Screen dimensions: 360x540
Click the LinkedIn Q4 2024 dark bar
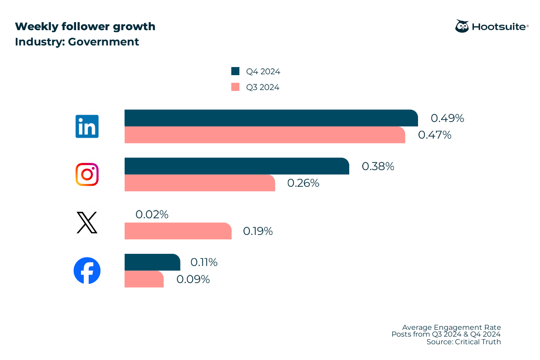(271, 118)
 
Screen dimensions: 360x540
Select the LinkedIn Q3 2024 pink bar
(265, 135)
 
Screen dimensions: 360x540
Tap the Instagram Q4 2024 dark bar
(236, 166)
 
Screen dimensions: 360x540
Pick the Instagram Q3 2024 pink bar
(199, 183)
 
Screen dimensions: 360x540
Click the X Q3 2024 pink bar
(178, 231)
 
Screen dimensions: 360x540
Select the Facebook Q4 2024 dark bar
(152, 262)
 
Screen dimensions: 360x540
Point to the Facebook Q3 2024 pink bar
(144, 279)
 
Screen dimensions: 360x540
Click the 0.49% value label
(447, 118)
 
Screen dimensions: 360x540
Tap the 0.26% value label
(303, 183)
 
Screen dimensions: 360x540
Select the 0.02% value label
(152, 215)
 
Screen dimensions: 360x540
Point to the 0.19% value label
(258, 231)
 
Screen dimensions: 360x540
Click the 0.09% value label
(193, 279)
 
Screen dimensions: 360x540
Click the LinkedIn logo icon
(87, 126)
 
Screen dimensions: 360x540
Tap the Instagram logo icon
(87, 174)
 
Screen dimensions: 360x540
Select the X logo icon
(87, 223)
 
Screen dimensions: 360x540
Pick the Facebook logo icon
(87, 271)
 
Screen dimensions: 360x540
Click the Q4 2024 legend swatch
(235, 71)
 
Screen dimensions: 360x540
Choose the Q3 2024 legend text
(262, 87)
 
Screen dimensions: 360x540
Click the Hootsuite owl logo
(462, 26)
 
